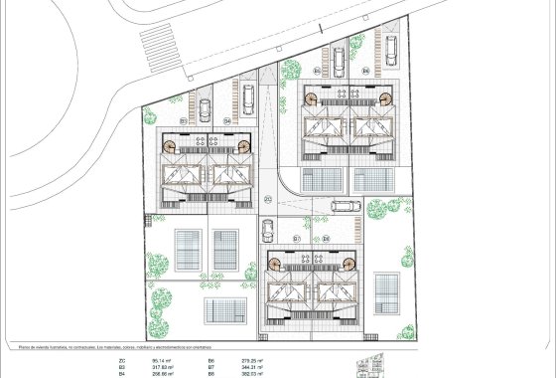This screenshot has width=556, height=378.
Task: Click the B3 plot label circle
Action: (x=185, y=120)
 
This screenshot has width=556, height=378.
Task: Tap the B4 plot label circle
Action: (x=227, y=120)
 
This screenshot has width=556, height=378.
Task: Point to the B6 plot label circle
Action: (x=364, y=72)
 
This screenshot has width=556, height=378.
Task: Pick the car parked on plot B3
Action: (x=205, y=108)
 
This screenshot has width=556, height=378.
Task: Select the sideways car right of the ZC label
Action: (x=345, y=207)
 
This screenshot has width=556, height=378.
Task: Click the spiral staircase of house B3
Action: (x=171, y=146)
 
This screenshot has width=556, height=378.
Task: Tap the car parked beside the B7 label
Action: (x=267, y=230)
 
